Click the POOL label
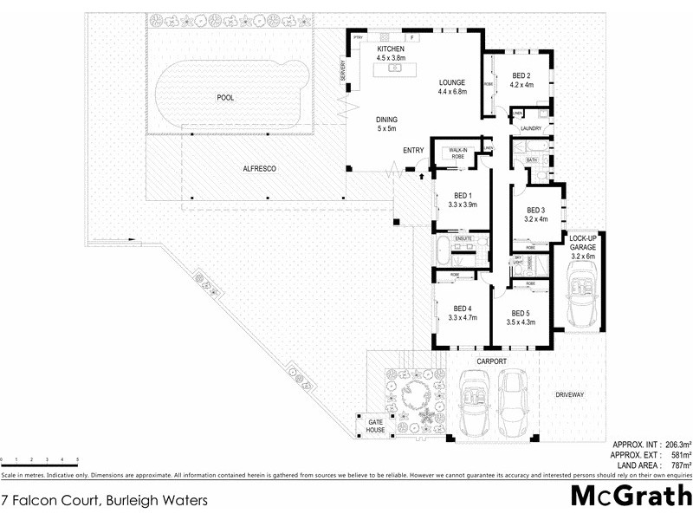(225, 98)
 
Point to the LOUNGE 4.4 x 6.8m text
(452, 86)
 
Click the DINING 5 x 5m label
(386, 124)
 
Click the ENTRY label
(413, 151)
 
